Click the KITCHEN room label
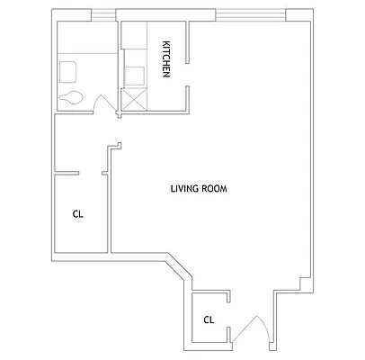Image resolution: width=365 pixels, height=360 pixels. (166, 60)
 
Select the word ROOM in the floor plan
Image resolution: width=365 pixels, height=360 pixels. (213, 189)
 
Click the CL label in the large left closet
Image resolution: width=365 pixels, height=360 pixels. (77, 214)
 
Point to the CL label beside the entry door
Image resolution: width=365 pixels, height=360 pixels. (209, 319)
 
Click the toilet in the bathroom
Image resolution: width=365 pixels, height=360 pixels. (71, 97)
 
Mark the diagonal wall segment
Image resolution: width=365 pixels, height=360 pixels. (177, 270)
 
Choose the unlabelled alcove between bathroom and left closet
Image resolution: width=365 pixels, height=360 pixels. (81, 144)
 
